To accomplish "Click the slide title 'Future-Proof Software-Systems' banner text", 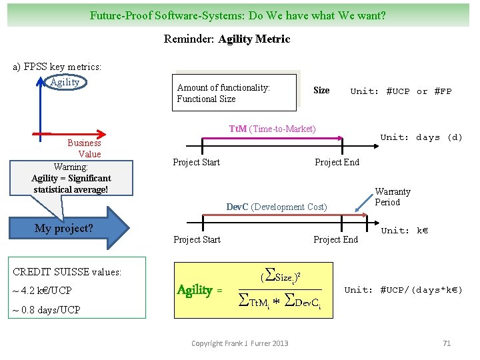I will pyautogui.click(x=238, y=15).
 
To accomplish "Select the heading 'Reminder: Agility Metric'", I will pyautogui.click(x=227, y=39).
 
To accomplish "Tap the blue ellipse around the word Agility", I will pyautogui.click(x=65, y=82).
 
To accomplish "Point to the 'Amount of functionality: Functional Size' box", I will pyautogui.click(x=234, y=93).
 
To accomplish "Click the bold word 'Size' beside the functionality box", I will pyautogui.click(x=321, y=91).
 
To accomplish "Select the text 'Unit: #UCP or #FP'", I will pyautogui.click(x=401, y=91).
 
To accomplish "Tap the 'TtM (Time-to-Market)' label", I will pyautogui.click(x=272, y=129).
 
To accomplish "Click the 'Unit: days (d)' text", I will pyautogui.click(x=421, y=137).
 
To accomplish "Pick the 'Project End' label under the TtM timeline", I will pyautogui.click(x=337, y=162).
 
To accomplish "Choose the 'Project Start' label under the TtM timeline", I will pyautogui.click(x=196, y=162).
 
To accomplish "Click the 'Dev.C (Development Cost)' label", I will pyautogui.click(x=277, y=207).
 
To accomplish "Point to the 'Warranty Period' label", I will pyautogui.click(x=392, y=197).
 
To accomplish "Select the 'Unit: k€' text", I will pyautogui.click(x=404, y=231).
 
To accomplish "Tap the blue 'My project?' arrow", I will pyautogui.click(x=73, y=229).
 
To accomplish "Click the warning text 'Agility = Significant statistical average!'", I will pyautogui.click(x=71, y=184).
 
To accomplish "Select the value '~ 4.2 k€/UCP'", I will pyautogui.click(x=42, y=291).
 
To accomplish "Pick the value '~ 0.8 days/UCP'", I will pyautogui.click(x=46, y=309).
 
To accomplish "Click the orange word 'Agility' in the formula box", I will pyautogui.click(x=195, y=290).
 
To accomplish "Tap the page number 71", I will pyautogui.click(x=447, y=343).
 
